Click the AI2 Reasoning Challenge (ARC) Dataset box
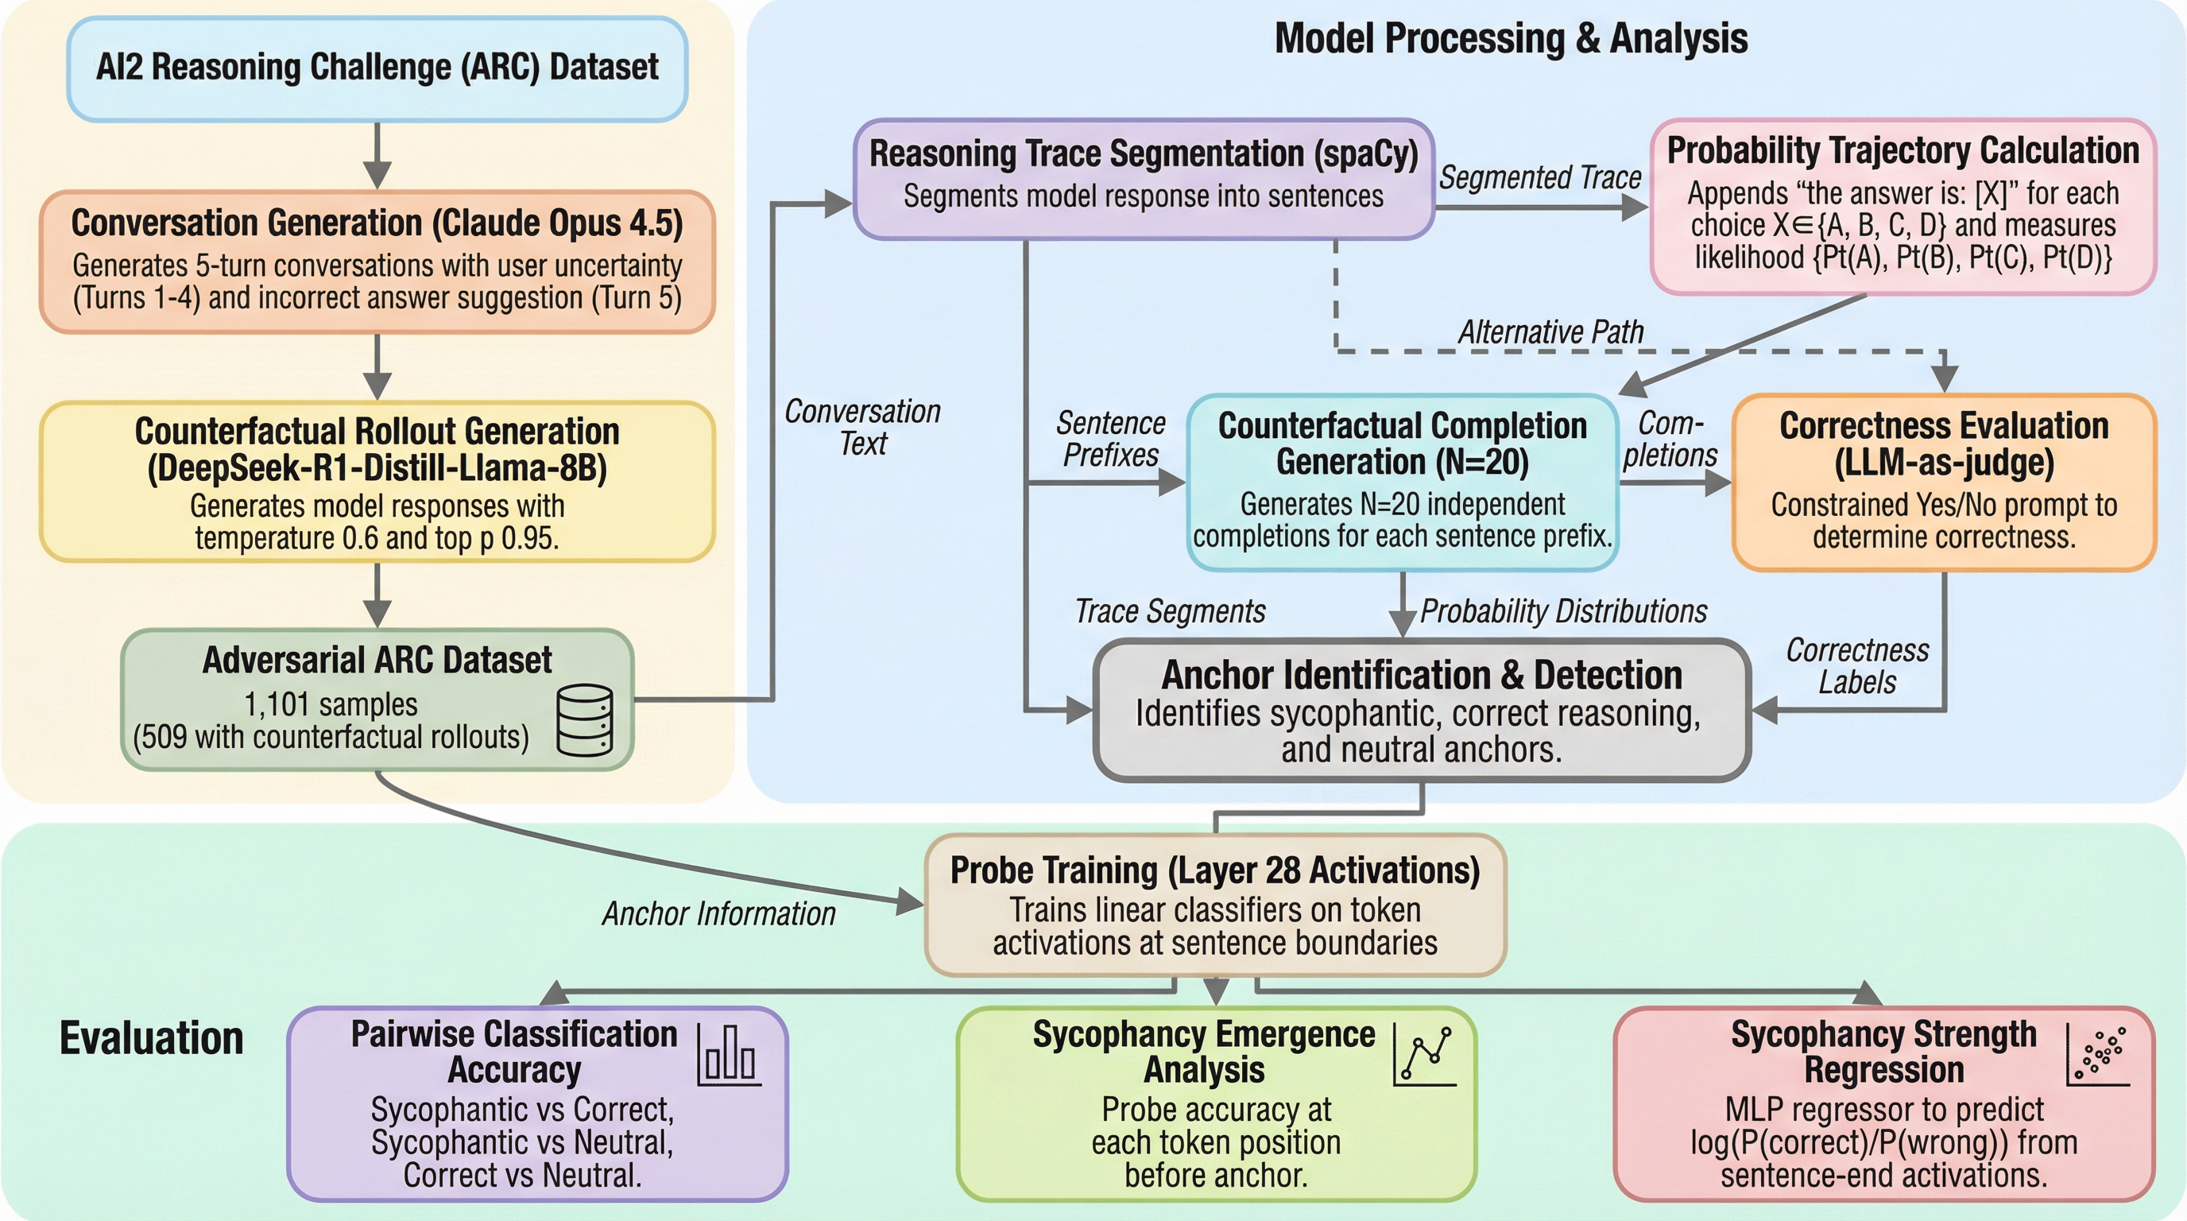[x=377, y=68]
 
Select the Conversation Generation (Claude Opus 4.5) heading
[x=377, y=223]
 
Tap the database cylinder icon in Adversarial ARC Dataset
[x=584, y=720]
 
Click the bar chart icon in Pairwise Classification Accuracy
[x=729, y=1055]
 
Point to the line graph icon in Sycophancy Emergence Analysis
[x=1425, y=1055]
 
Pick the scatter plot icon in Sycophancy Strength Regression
[x=2098, y=1055]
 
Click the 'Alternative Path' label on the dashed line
[x=1550, y=332]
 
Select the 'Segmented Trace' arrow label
[x=1540, y=177]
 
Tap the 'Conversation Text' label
[x=862, y=427]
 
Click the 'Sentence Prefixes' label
[x=1110, y=438]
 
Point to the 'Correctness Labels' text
[x=1857, y=666]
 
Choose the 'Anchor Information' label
[x=718, y=913]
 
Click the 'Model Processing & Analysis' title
[x=1512, y=39]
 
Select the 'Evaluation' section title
[x=151, y=1037]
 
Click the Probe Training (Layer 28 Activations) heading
[x=1215, y=870]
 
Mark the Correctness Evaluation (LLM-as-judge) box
[x=1943, y=482]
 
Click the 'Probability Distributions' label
[x=1563, y=611]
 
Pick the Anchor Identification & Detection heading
[x=1421, y=676]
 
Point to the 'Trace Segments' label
[x=1170, y=611]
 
